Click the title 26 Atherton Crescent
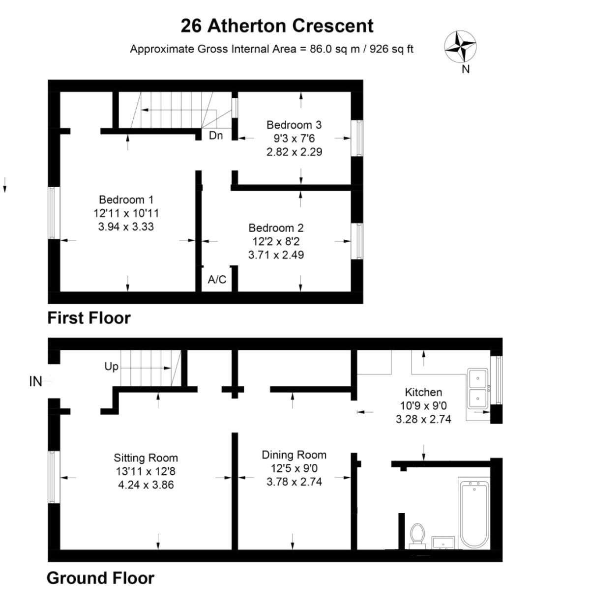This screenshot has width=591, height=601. pos(277,26)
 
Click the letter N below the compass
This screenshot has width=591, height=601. pos(466,69)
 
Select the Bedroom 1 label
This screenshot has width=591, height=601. pos(126,200)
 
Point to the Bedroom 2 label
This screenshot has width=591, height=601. pos(276,228)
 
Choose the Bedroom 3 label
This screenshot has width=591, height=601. pos(294,125)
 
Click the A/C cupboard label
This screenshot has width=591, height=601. pos(217,280)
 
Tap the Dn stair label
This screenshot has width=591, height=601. pos(216,135)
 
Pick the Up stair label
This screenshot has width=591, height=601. pos(111,367)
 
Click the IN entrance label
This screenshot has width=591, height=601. pos(35,382)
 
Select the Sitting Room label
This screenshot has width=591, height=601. pos(146,458)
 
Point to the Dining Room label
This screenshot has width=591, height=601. pos(294,455)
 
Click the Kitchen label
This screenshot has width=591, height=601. pos(423,392)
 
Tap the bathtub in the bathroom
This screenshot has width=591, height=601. pos(473,515)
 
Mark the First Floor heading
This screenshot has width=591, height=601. pos(89,318)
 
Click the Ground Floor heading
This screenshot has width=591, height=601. pos(100,578)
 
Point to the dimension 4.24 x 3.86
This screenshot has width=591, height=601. pos(146,485)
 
